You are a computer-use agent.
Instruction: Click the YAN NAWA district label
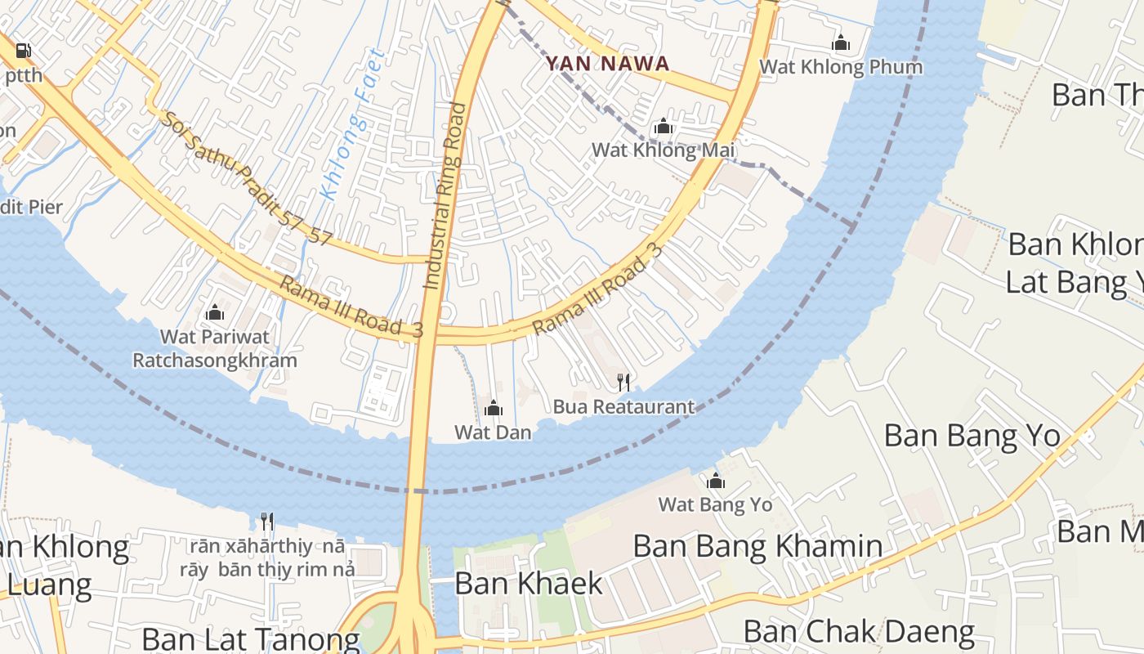607,63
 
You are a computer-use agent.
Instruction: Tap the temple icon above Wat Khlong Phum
841,43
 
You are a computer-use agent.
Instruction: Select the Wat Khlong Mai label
664,150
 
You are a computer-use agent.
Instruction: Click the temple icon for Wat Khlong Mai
664,127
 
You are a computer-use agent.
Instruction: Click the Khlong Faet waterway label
353,124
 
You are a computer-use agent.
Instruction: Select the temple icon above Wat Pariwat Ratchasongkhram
215,312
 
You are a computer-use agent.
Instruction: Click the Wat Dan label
493,432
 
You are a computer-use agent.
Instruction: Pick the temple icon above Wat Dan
494,409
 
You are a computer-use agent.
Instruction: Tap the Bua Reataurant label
623,406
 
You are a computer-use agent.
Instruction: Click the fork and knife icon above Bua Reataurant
623,382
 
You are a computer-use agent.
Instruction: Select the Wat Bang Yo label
715,504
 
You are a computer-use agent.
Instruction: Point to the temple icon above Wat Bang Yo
716,482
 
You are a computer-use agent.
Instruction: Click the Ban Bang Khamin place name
757,546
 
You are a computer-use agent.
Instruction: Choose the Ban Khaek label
529,583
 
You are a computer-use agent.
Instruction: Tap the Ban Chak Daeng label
859,631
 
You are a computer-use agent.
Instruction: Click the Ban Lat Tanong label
251,638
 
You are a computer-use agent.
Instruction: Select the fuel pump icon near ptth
24,52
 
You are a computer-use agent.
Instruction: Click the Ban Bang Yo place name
972,435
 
